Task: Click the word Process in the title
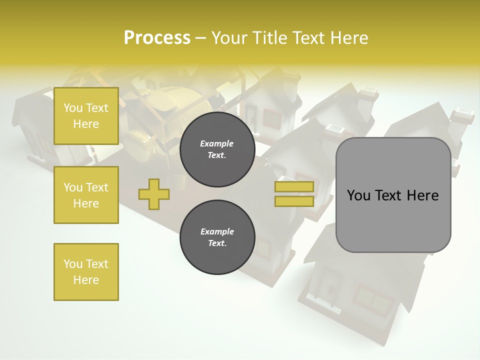point(157,38)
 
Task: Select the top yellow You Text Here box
point(86,116)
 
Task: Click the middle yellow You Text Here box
point(86,195)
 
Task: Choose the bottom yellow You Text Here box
point(86,272)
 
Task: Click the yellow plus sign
point(153,194)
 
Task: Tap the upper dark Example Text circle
point(217,149)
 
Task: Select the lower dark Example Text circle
point(217,237)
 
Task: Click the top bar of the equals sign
point(294,187)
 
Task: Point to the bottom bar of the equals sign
point(294,201)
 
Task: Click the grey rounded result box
point(393,195)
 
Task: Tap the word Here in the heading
point(349,38)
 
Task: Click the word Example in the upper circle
point(217,143)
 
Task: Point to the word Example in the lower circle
point(217,231)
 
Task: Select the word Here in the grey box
point(423,195)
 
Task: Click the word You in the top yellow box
point(73,108)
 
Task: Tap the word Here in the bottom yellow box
point(86,280)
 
